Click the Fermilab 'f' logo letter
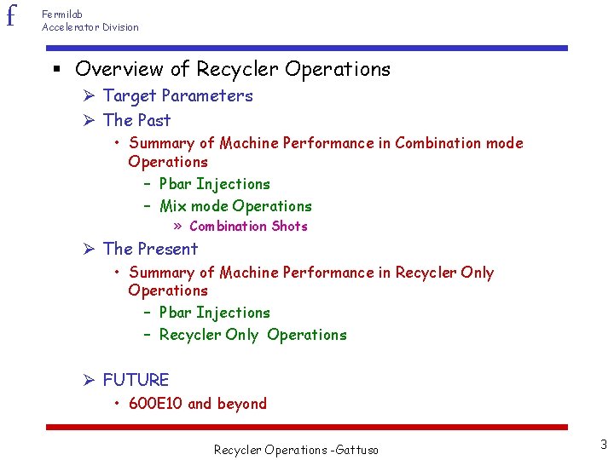coord(11,15)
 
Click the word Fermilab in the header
coord(62,14)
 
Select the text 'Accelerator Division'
coord(90,27)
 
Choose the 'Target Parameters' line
coord(177,95)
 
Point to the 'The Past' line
coord(136,120)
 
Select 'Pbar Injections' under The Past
coord(214,184)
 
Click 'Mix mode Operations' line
coord(235,206)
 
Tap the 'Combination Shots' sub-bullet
coord(248,227)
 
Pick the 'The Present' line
coord(150,249)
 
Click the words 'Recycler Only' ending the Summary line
coord(444,273)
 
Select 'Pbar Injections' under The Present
coord(214,313)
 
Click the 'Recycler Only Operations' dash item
coord(252,335)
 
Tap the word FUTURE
coord(136,380)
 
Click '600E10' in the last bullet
coord(156,404)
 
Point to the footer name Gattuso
coord(356,450)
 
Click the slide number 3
coord(603,444)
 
